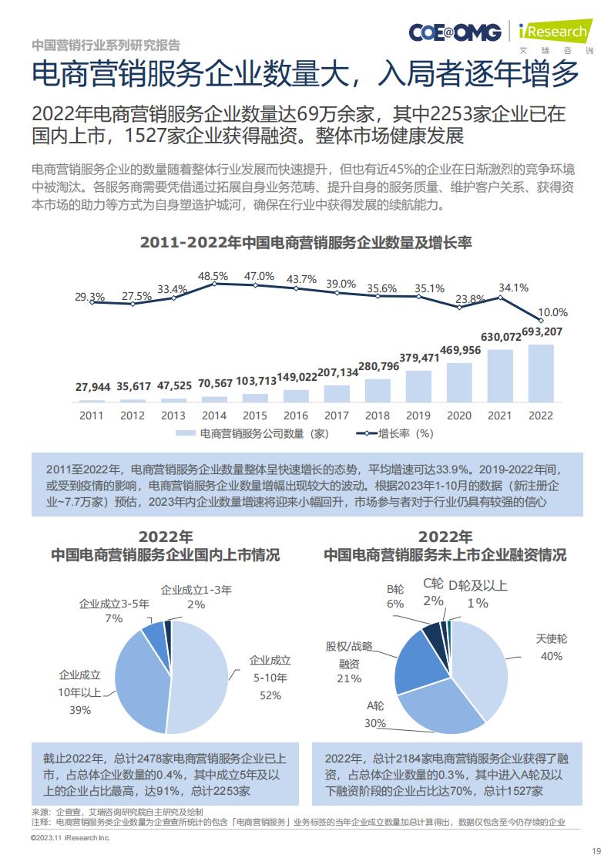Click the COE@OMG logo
[455, 32]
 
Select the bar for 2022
[540, 373]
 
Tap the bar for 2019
[418, 386]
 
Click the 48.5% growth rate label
[213, 276]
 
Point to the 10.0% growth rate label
[552, 312]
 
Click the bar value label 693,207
[542, 332]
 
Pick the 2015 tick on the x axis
[255, 416]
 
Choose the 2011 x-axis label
[92, 416]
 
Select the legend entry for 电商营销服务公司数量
[252, 433]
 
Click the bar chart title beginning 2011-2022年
[305, 242]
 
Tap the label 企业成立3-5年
[114, 604]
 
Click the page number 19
[596, 851]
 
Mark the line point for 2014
[214, 283]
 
